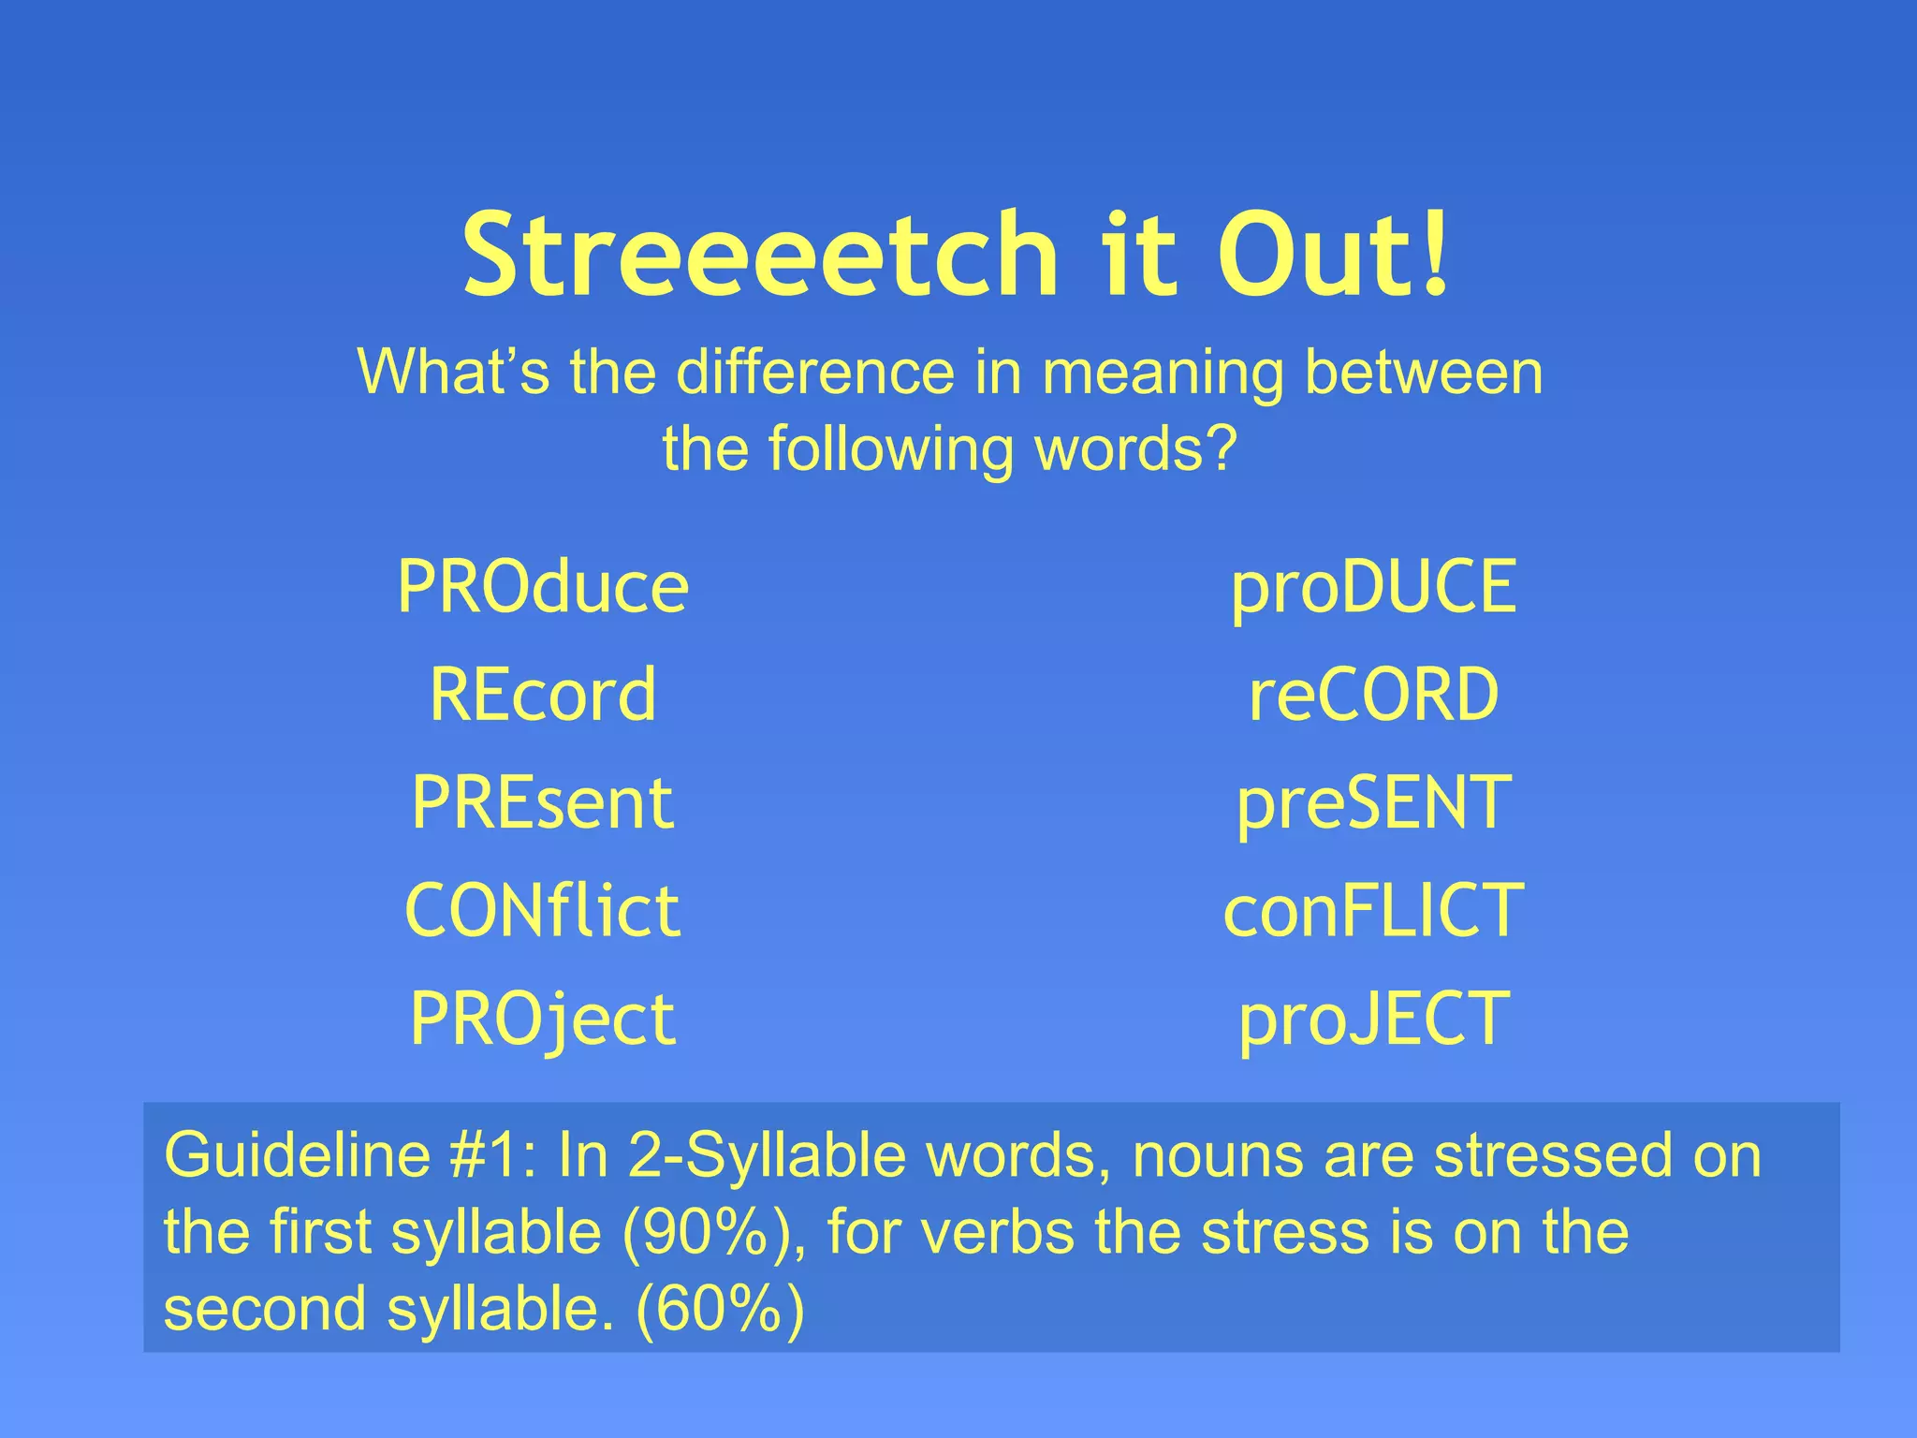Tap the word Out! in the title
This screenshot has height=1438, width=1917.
click(1334, 255)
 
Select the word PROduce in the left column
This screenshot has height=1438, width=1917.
click(543, 588)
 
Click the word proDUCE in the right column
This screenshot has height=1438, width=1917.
click(1373, 588)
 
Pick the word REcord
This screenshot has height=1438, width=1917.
click(543, 696)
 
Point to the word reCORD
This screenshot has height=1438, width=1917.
click(1373, 696)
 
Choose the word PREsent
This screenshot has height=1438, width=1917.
click(543, 804)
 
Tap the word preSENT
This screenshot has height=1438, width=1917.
click(1373, 804)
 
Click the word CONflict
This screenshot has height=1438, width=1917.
click(543, 912)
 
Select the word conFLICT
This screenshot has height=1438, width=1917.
click(1373, 912)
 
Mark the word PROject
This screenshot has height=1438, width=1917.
click(543, 1020)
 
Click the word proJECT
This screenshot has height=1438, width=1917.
click(1373, 1020)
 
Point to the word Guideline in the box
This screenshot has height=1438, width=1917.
click(297, 1156)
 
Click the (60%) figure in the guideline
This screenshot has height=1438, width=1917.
click(719, 1309)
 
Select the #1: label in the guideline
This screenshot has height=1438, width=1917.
click(492, 1156)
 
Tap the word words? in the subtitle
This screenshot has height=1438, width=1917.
click(1135, 450)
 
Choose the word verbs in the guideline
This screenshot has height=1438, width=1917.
click(998, 1233)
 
